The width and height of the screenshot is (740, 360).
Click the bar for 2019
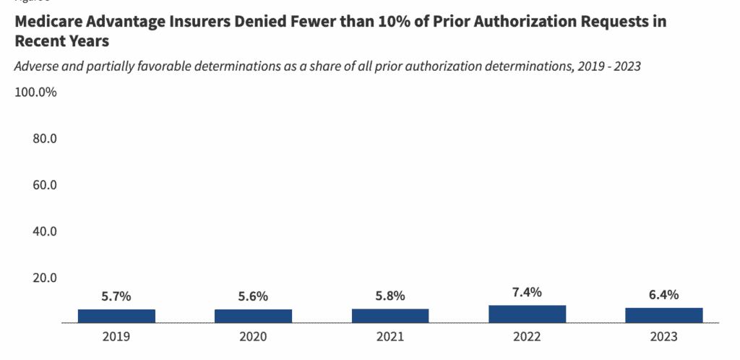click(x=116, y=316)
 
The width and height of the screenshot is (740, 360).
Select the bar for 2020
click(x=253, y=316)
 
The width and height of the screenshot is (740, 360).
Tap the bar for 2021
click(x=390, y=315)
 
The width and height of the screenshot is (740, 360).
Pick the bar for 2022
click(x=527, y=314)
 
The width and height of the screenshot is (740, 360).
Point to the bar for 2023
click(x=663, y=315)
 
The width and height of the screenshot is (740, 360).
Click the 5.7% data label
click(x=116, y=296)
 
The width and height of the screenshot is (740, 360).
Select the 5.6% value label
click(x=253, y=296)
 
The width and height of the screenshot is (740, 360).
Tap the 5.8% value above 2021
click(x=390, y=296)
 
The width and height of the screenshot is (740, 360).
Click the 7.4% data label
click(x=527, y=292)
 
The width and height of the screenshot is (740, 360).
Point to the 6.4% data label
click(x=663, y=295)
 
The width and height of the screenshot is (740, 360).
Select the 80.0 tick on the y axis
click(x=45, y=139)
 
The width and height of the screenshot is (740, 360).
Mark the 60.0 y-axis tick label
click(x=45, y=185)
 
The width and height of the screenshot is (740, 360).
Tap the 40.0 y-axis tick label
click(x=45, y=231)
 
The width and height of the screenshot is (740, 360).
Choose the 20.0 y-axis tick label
click(x=45, y=278)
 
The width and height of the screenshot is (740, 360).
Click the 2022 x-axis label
click(x=527, y=337)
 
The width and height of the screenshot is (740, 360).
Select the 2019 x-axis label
click(x=116, y=337)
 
